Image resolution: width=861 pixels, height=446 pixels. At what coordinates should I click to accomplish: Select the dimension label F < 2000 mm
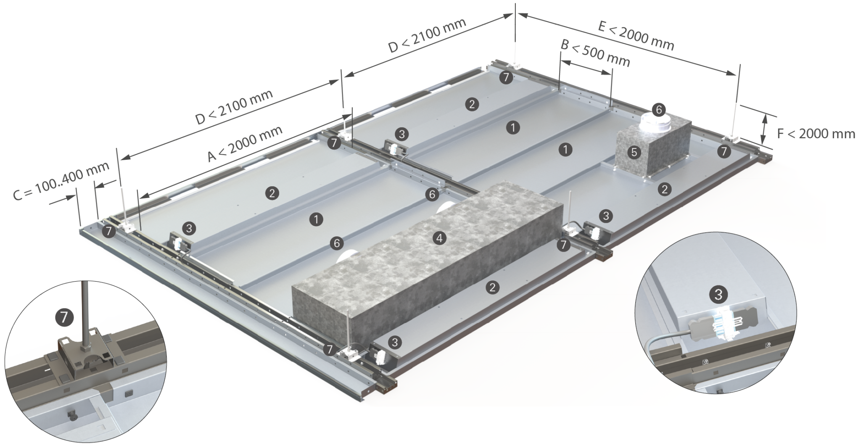pyautogui.click(x=816, y=134)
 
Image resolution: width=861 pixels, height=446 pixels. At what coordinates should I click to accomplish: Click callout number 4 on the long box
pyautogui.click(x=439, y=239)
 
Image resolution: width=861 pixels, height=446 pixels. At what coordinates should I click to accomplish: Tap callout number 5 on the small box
pyautogui.click(x=634, y=152)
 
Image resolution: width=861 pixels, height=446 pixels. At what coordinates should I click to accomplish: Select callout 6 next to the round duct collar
pyautogui.click(x=659, y=110)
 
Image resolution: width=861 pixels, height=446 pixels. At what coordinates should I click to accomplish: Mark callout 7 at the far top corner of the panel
pyautogui.click(x=507, y=77)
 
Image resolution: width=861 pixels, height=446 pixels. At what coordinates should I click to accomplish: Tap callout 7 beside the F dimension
pyautogui.click(x=724, y=152)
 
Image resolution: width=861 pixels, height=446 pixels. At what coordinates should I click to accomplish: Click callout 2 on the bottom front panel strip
pyautogui.click(x=492, y=288)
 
